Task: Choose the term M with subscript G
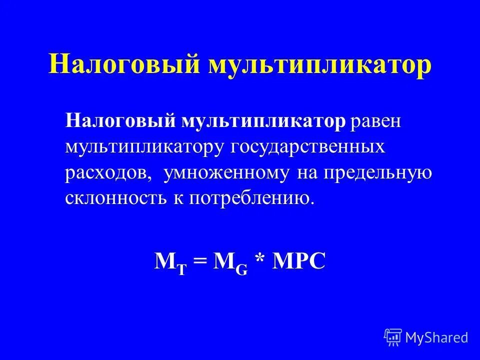coord(230,261)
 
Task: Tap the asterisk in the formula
coord(260,260)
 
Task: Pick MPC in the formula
coord(299,260)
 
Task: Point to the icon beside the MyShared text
coord(393,336)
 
